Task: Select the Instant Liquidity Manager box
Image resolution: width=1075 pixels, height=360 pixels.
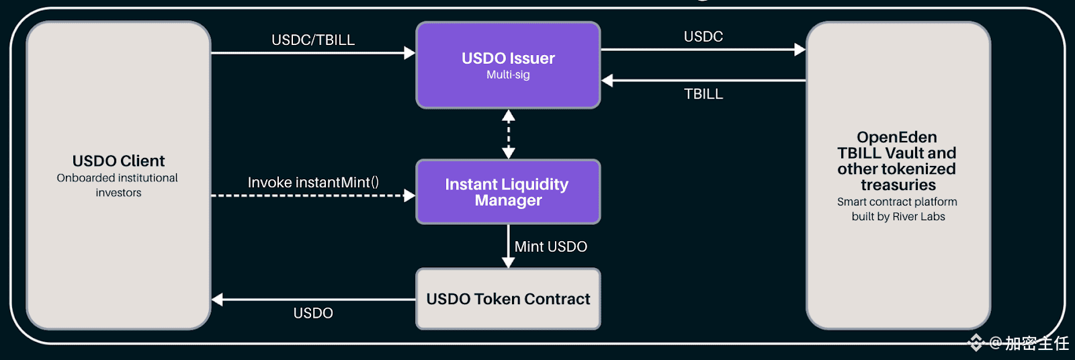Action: (x=508, y=192)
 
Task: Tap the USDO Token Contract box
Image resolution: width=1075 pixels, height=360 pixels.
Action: (x=508, y=299)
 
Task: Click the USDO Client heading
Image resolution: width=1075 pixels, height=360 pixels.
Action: (x=118, y=161)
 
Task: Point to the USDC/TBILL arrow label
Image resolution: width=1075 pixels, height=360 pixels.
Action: (x=313, y=40)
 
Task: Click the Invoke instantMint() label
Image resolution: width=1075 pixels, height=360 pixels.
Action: (x=313, y=183)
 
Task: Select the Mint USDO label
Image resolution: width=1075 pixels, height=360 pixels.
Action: (x=551, y=246)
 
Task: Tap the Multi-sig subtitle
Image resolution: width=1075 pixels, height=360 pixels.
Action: (x=508, y=75)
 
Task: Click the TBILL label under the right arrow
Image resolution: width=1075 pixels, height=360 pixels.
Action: (x=703, y=94)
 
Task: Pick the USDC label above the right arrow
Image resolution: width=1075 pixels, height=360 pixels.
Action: (x=703, y=36)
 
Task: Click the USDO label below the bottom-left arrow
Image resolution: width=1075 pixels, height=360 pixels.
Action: (x=313, y=313)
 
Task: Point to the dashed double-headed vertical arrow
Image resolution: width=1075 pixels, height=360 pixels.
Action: (x=509, y=134)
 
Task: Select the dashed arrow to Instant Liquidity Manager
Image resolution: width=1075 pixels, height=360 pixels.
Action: (x=313, y=196)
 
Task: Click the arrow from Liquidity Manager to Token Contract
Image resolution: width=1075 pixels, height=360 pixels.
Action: (x=509, y=246)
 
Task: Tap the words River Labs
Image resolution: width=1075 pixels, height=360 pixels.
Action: (x=918, y=216)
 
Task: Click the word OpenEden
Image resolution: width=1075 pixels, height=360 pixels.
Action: (x=896, y=137)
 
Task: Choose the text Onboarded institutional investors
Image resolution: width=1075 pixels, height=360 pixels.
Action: (x=118, y=185)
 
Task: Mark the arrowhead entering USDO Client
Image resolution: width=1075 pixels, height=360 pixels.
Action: (x=218, y=300)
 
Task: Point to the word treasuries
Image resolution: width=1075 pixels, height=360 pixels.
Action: (x=898, y=185)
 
